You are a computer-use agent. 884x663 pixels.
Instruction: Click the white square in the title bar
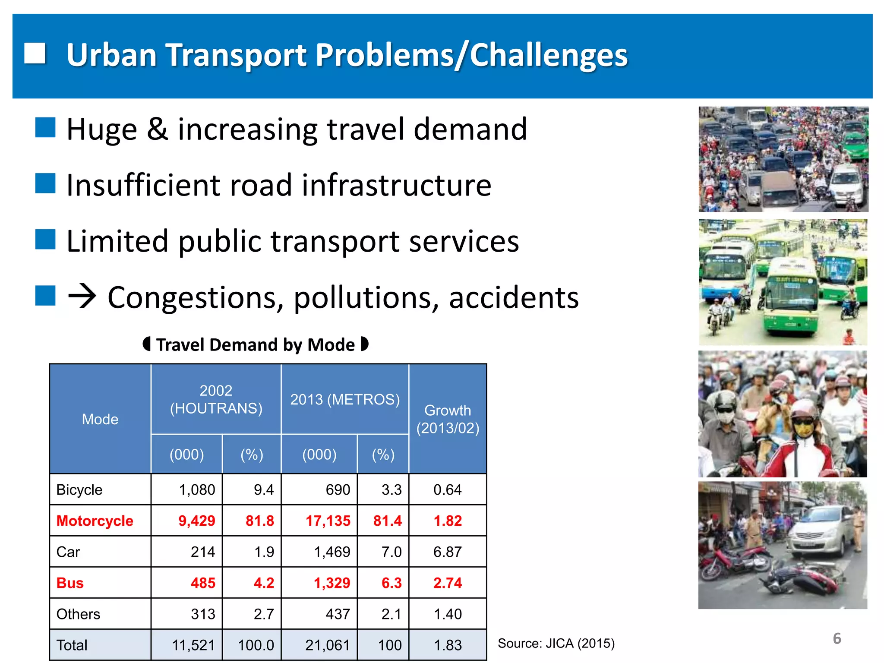(x=35, y=54)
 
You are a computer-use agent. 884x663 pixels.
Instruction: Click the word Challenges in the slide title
(x=548, y=55)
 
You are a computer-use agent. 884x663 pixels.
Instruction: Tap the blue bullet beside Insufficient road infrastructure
(x=45, y=183)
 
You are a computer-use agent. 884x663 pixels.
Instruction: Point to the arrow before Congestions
(x=82, y=297)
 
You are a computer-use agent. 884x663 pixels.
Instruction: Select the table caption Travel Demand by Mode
(x=256, y=345)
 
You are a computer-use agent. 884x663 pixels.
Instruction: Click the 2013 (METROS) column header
(x=344, y=399)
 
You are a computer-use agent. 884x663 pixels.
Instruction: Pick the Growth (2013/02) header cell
(x=448, y=419)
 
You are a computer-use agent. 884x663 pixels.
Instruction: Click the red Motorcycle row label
(x=95, y=521)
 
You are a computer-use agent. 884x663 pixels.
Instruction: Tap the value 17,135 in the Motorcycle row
(x=328, y=521)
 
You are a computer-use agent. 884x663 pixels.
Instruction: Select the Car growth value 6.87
(x=448, y=552)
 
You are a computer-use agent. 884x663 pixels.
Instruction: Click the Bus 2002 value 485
(x=202, y=583)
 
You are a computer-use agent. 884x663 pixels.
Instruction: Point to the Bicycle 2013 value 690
(x=338, y=489)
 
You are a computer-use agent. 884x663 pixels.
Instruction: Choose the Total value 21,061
(x=327, y=645)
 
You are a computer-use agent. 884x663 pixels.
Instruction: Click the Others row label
(x=78, y=614)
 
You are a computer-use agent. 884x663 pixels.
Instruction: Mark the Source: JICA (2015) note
(x=556, y=643)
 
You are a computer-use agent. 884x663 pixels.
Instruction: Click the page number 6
(x=837, y=638)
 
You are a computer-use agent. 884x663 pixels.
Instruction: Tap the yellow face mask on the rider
(x=803, y=429)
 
